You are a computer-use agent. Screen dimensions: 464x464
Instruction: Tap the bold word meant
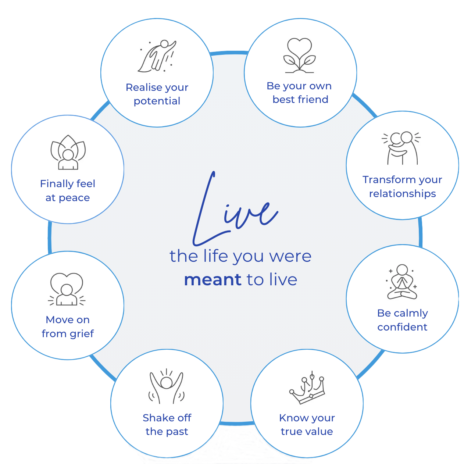point(213,280)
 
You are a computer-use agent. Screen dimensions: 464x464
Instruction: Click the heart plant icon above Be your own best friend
point(300,56)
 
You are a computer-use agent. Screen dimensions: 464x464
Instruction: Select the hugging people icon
point(402,148)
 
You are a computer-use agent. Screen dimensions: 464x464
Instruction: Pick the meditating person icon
point(402,282)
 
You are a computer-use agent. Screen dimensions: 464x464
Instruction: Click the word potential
point(157,101)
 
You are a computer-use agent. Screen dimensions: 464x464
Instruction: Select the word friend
point(313,100)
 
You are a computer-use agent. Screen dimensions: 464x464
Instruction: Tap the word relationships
point(402,194)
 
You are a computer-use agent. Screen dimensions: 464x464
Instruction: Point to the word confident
point(402,327)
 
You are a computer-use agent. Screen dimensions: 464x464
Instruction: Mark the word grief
point(82,334)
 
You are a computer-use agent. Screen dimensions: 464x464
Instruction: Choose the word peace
point(75,198)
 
